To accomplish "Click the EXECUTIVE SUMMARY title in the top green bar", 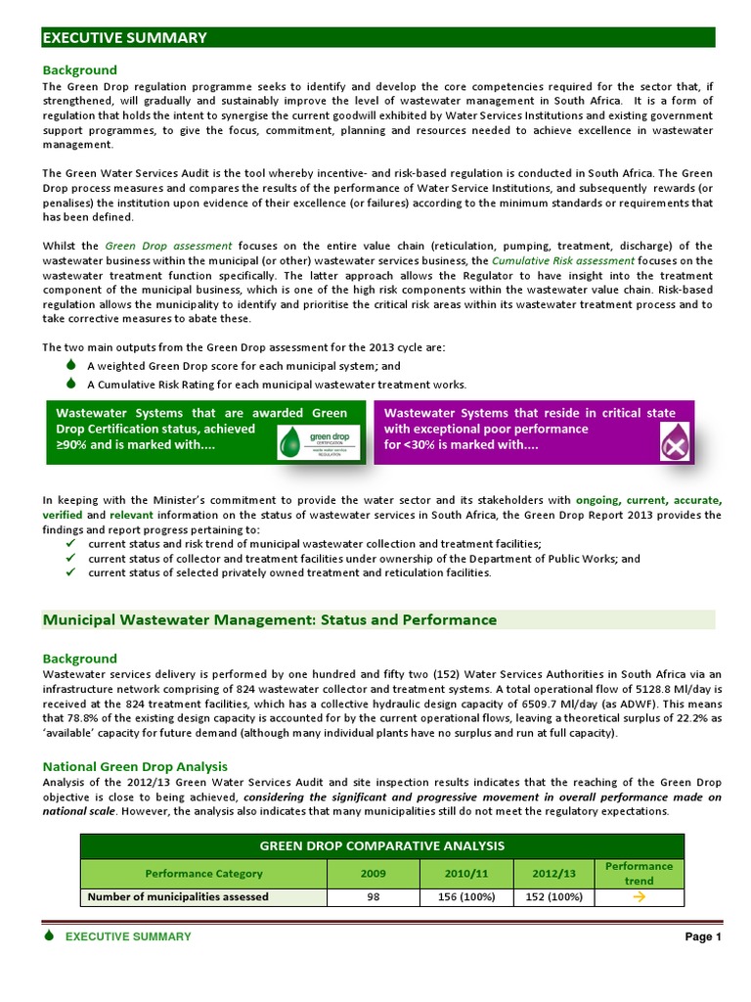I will [x=125, y=38].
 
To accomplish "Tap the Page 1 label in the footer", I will [x=702, y=936].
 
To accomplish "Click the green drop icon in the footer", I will [x=49, y=935].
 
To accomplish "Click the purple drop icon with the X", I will [x=674, y=442].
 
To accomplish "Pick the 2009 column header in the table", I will [x=374, y=873].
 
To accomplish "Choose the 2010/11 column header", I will [x=464, y=873].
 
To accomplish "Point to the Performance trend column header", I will [x=639, y=873].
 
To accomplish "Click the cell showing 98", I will [x=374, y=896].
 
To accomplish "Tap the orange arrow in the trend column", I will [x=639, y=896].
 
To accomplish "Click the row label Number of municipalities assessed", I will [x=178, y=896].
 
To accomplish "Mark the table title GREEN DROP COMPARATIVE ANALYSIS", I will [x=381, y=845].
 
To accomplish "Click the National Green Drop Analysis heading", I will [x=135, y=766].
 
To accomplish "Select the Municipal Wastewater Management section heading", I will [x=270, y=620].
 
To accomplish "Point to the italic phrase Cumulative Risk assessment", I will [x=563, y=261].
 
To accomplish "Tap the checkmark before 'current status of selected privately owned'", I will [x=71, y=573].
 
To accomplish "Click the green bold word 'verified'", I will [x=63, y=515].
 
